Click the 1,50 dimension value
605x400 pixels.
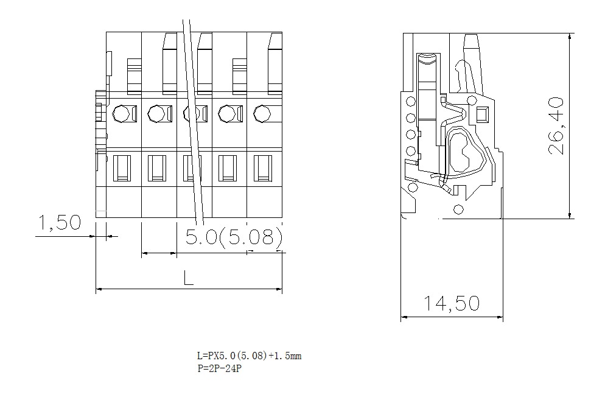tap(60, 223)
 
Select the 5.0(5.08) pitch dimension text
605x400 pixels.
tap(234, 237)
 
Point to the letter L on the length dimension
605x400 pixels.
tap(188, 278)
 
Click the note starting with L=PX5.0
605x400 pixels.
tap(248, 356)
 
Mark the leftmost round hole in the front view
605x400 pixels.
tap(121, 114)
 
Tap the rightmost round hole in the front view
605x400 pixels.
tap(262, 114)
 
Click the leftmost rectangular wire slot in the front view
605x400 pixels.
tap(122, 168)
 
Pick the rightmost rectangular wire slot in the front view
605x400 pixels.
tap(263, 168)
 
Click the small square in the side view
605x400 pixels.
tap(482, 114)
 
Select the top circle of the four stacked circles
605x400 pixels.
tap(411, 102)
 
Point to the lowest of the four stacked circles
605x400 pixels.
tap(411, 151)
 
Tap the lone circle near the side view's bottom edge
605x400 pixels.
tap(458, 210)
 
